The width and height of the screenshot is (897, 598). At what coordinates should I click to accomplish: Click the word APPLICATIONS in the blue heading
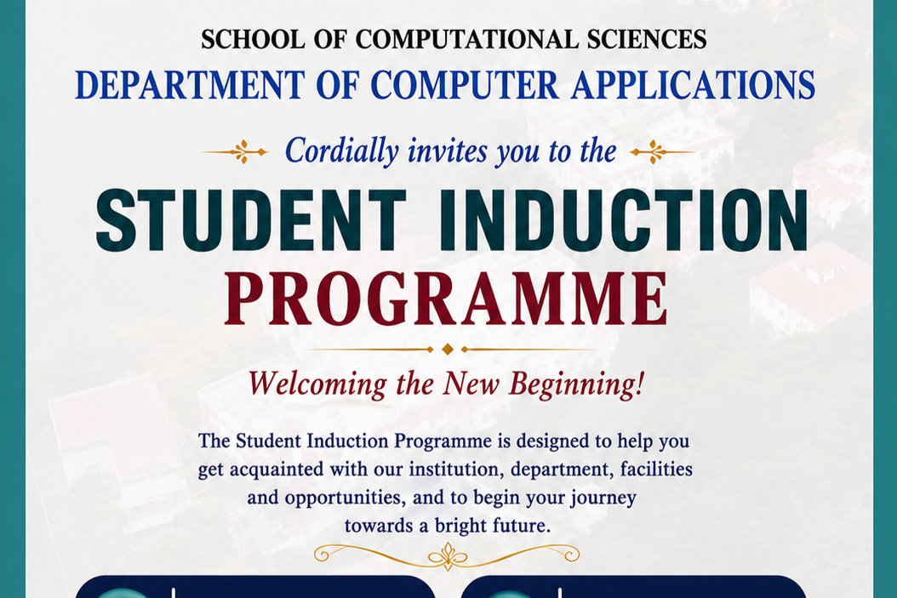pyautogui.click(x=693, y=85)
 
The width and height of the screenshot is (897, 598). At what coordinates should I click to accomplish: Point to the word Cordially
pyautogui.click(x=341, y=151)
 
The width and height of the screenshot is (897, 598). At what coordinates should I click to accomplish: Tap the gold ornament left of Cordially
pyautogui.click(x=236, y=151)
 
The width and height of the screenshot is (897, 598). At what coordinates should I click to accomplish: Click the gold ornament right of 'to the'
pyautogui.click(x=662, y=151)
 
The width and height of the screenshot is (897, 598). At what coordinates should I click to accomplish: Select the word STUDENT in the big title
pyautogui.click(x=250, y=219)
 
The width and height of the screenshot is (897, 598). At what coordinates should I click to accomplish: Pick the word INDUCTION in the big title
pyautogui.click(x=624, y=219)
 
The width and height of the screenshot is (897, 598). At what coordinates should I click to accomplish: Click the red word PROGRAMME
pyautogui.click(x=446, y=299)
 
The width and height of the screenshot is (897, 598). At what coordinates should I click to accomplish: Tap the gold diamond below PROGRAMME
pyautogui.click(x=448, y=349)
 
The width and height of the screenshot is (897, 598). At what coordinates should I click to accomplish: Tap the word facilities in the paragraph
pyautogui.click(x=656, y=469)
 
